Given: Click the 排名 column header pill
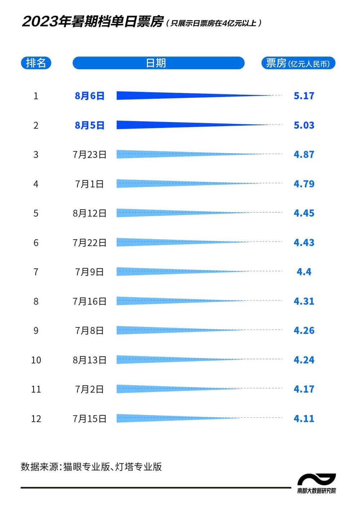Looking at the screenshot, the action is (36, 63).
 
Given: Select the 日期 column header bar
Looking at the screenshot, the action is (158, 63).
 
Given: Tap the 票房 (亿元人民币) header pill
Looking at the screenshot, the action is (298, 63).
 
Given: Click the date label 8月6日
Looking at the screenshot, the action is (89, 96).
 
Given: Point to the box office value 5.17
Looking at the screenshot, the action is (304, 96).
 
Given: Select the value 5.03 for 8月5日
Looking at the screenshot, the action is (304, 125).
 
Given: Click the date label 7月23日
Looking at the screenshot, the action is (89, 155).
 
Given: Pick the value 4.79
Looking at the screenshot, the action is (304, 184).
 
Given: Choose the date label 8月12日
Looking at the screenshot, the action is (89, 213).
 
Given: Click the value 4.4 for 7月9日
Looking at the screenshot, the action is (304, 272).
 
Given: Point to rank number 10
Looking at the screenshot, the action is (36, 360).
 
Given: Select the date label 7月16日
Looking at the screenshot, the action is (89, 301).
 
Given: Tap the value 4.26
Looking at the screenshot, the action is (304, 330).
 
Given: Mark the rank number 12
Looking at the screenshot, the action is (36, 419).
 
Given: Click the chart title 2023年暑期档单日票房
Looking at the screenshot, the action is (93, 22).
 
